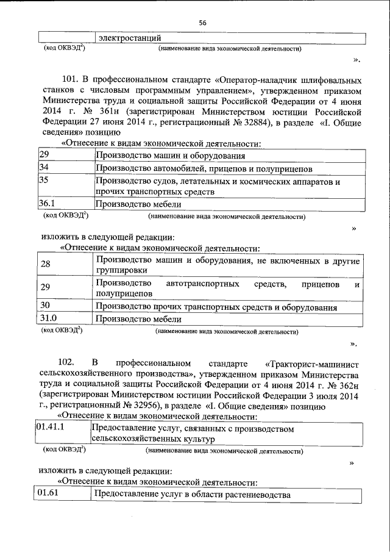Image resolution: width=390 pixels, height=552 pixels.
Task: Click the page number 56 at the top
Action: click(202, 23)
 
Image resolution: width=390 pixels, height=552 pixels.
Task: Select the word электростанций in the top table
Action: click(130, 39)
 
